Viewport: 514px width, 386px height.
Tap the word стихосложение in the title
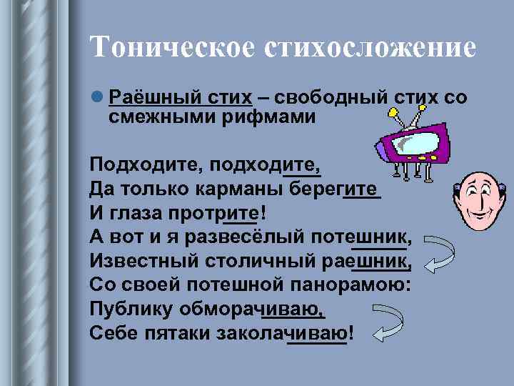(371, 49)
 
